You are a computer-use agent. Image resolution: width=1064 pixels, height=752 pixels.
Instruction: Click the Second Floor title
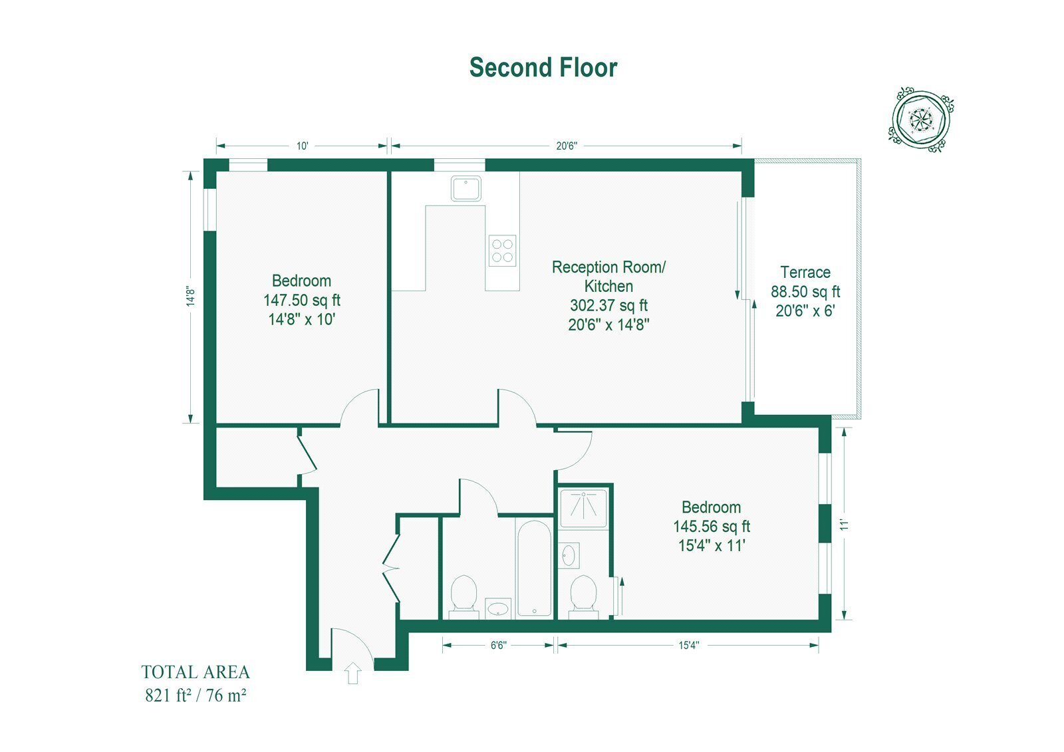tap(543, 67)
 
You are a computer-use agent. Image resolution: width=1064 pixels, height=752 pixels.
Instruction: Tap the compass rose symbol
tap(921, 120)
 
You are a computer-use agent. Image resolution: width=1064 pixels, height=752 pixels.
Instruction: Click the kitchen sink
tap(466, 189)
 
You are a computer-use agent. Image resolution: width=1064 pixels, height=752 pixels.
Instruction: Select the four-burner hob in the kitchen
tap(502, 251)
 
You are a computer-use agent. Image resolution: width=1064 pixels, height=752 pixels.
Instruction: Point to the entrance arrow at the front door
tap(352, 673)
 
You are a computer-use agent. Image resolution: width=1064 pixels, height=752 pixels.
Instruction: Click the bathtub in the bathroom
tap(535, 568)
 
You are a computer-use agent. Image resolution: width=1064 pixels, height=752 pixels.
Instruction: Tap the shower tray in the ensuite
tap(583, 508)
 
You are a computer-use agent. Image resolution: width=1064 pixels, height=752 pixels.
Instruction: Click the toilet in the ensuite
tap(583, 597)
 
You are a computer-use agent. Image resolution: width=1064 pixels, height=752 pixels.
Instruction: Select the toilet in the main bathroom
tap(464, 597)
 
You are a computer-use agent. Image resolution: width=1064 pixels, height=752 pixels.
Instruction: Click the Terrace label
tap(805, 272)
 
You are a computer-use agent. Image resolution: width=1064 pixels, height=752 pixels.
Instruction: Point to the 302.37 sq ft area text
tap(609, 305)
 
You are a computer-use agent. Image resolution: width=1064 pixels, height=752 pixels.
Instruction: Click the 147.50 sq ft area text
tap(302, 301)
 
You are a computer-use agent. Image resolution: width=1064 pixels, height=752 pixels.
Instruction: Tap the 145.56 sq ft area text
tap(712, 527)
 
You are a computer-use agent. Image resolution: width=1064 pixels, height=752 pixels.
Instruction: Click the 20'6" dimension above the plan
tap(567, 146)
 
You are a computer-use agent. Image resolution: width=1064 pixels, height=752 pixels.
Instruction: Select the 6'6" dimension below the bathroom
tap(499, 645)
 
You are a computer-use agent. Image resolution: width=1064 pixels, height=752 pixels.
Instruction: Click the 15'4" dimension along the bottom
tap(689, 645)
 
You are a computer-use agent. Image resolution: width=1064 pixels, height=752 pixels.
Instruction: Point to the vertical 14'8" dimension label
tap(190, 296)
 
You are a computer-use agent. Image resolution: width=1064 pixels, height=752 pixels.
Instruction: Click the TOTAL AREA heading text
tap(196, 672)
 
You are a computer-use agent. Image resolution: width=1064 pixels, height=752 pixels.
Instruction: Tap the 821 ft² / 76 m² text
tap(196, 695)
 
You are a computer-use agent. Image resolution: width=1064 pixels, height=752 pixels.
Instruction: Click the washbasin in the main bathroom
tap(498, 609)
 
